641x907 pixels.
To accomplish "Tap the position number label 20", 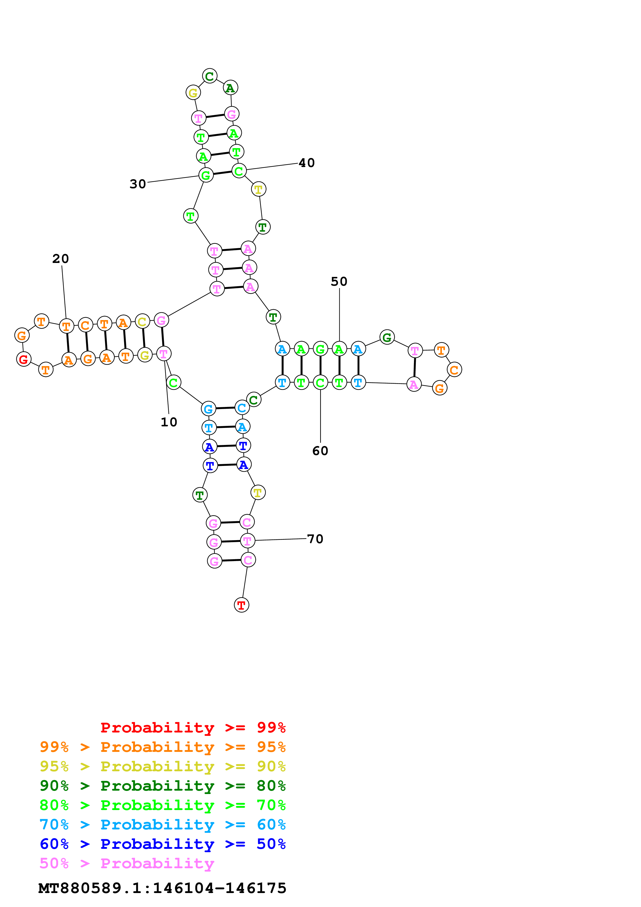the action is pos(61,259).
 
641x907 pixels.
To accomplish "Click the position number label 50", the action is pos(339,281).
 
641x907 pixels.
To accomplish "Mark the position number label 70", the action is pos(315,539).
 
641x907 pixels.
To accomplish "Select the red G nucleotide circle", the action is pos(24,359).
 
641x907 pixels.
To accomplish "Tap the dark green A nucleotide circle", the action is pos(230,88).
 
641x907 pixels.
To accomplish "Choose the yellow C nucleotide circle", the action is pos(142,322).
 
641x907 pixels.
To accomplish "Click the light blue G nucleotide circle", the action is pos(208,409).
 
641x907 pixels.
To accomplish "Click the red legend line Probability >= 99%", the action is pos(193,727).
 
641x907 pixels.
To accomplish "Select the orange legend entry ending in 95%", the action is pos(162,747).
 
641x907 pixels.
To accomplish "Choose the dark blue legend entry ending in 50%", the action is pos(162,844).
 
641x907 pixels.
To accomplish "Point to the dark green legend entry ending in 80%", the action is pos(162,786).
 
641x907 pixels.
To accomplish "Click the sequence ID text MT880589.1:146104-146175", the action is pos(162,888).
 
